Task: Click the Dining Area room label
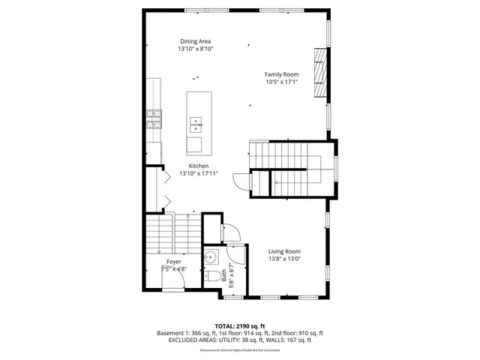click(x=195, y=40)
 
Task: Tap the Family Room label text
click(x=281, y=74)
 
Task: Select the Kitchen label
click(x=198, y=166)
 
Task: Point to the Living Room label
click(x=284, y=251)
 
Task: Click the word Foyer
click(x=173, y=262)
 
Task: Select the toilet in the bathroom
click(x=213, y=277)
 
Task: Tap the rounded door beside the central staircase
click(x=241, y=181)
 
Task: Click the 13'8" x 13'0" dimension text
click(x=284, y=259)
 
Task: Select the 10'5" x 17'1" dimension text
click(x=281, y=82)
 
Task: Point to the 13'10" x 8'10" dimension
click(x=195, y=49)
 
